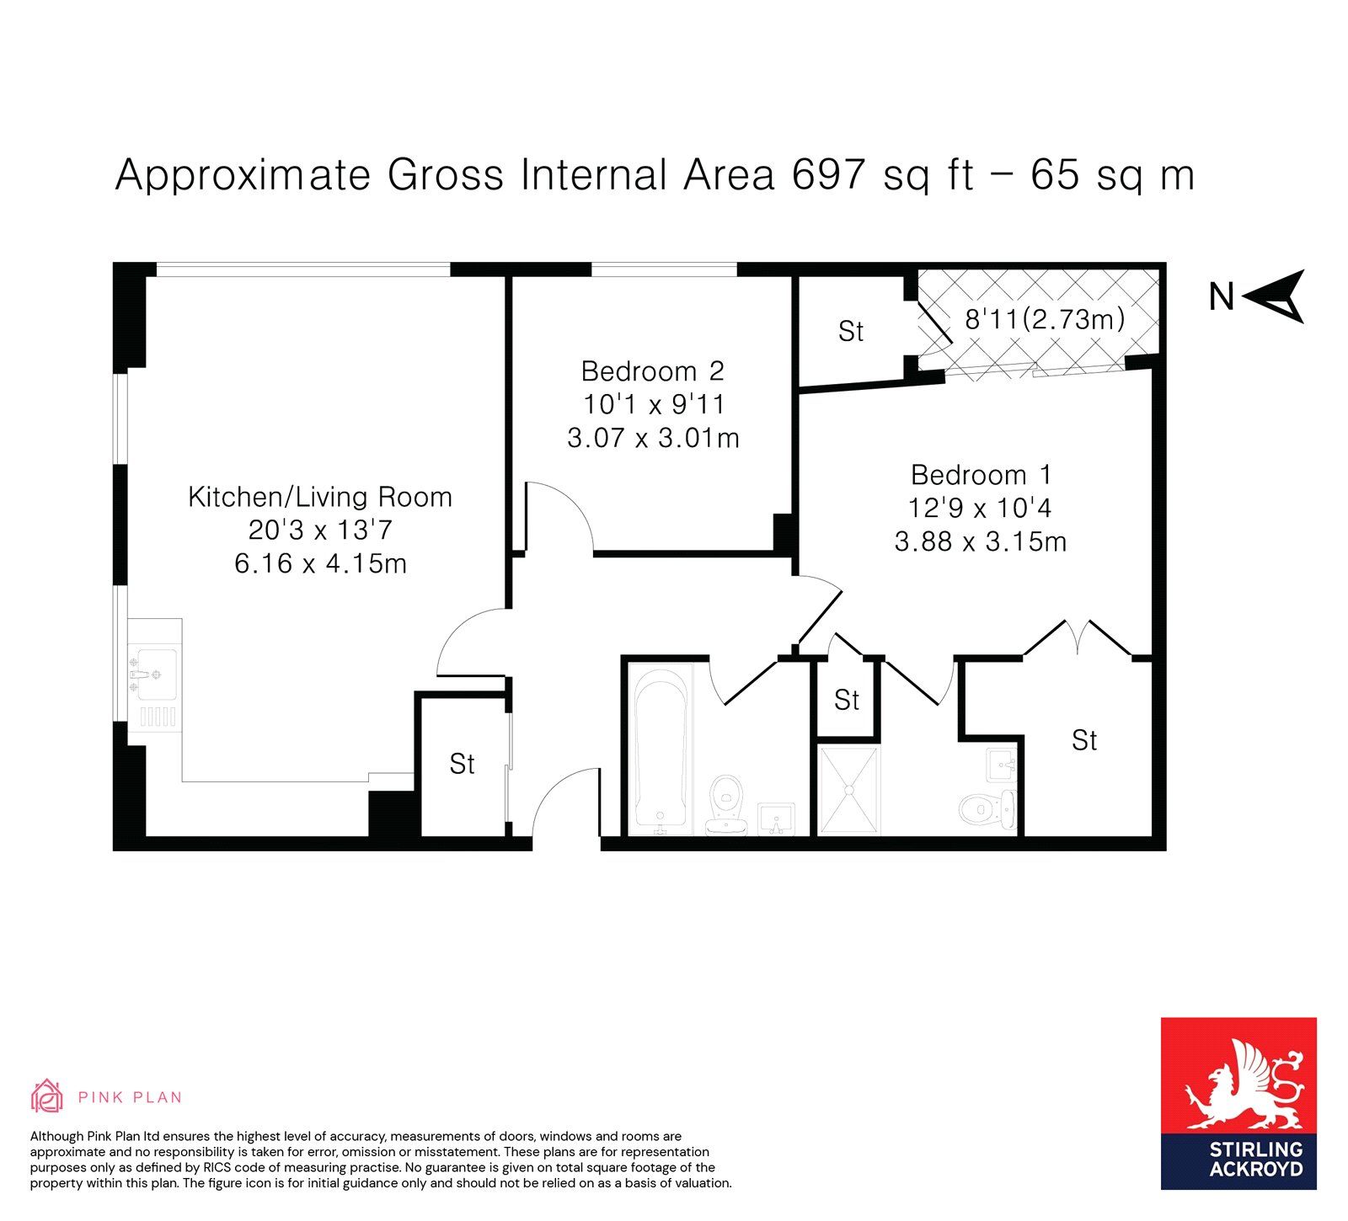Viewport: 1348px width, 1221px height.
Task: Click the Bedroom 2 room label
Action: [x=653, y=371]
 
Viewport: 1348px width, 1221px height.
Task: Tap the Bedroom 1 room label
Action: [x=982, y=475]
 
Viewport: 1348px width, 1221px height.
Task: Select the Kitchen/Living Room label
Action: [x=320, y=497]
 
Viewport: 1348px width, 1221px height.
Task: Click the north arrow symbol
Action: [x=1273, y=296]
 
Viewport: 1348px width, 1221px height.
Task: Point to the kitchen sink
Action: [x=152, y=674]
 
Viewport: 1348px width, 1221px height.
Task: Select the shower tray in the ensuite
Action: [x=849, y=790]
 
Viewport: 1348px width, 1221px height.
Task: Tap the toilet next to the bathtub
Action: [x=726, y=804]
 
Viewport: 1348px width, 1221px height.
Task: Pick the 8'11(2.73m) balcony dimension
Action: [x=1045, y=318]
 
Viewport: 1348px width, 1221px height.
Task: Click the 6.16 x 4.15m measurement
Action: [x=320, y=563]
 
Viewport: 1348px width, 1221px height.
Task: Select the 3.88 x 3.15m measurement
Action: [x=981, y=541]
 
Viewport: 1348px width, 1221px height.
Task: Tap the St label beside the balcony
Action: [x=851, y=331]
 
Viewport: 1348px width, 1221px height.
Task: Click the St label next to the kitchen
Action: [x=462, y=764]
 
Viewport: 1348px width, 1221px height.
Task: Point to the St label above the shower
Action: [x=847, y=700]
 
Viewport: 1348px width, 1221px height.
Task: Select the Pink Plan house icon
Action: [x=47, y=1096]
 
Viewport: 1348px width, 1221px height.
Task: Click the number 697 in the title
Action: [x=829, y=174]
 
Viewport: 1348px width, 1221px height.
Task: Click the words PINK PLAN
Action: [x=130, y=1097]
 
